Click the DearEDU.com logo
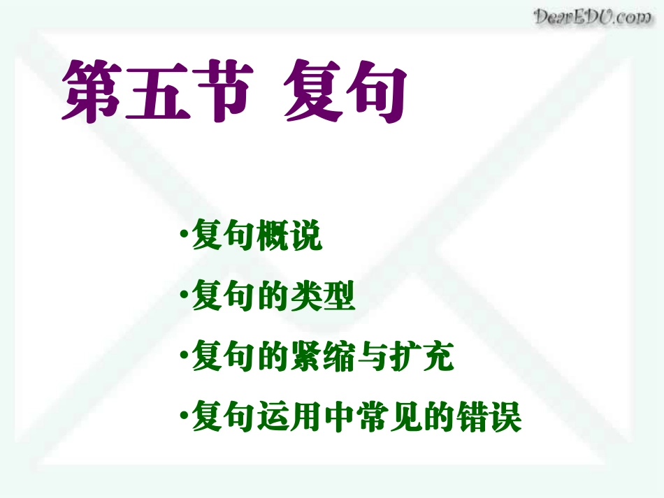click(593, 17)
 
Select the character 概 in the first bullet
click(273, 238)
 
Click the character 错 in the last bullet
click(471, 418)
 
